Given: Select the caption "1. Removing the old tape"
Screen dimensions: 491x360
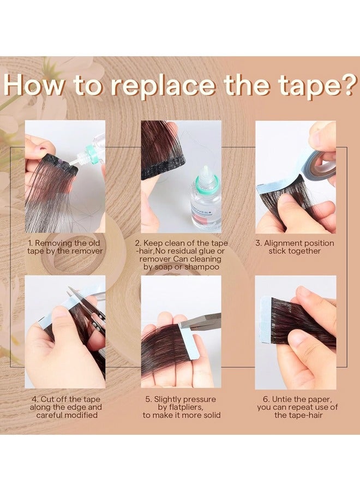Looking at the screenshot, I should (65, 247).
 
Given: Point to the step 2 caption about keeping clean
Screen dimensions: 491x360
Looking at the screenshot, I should (181, 255).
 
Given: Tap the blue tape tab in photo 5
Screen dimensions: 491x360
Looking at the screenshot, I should (180, 333).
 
